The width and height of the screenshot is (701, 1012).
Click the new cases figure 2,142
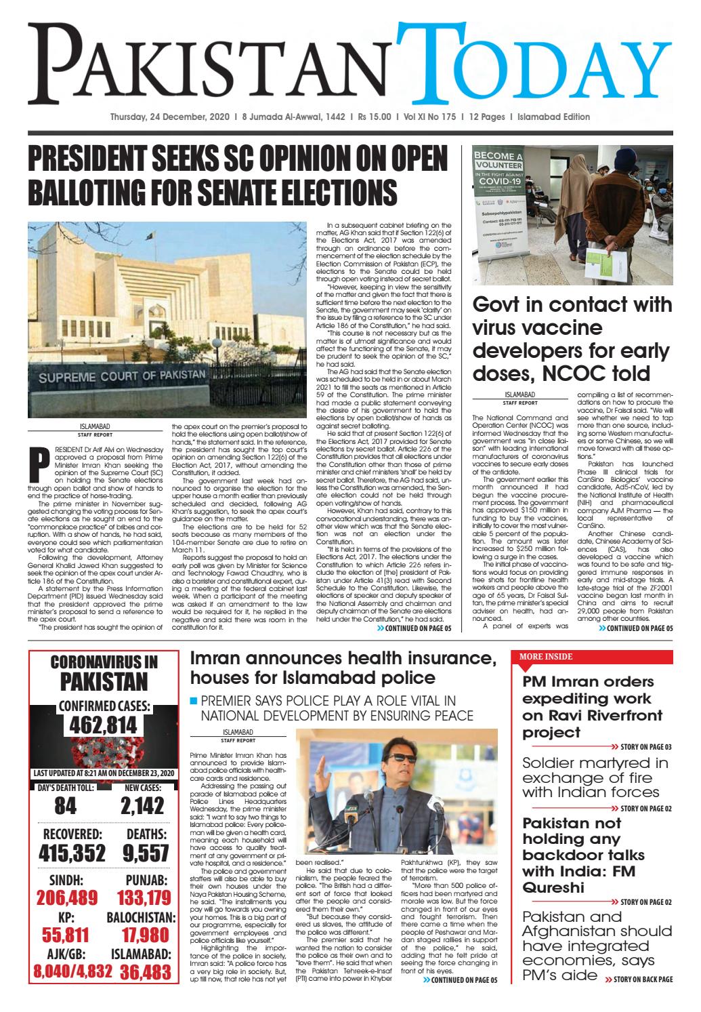142,805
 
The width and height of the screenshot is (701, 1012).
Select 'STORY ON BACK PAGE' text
638,979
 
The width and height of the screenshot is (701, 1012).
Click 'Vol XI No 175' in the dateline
430,117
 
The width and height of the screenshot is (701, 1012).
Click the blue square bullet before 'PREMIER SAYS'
194,700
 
